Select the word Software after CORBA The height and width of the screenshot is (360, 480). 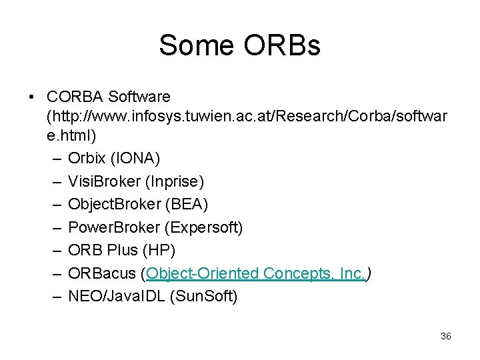point(139,97)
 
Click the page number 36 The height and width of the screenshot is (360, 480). point(446,336)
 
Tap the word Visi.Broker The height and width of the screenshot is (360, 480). point(105,181)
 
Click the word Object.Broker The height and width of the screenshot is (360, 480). point(112,205)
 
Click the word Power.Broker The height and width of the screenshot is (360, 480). point(114,227)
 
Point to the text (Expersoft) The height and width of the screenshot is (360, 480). point(203,227)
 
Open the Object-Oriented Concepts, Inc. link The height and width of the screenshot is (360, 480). point(256,273)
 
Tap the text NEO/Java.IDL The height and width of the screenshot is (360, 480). point(119,296)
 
